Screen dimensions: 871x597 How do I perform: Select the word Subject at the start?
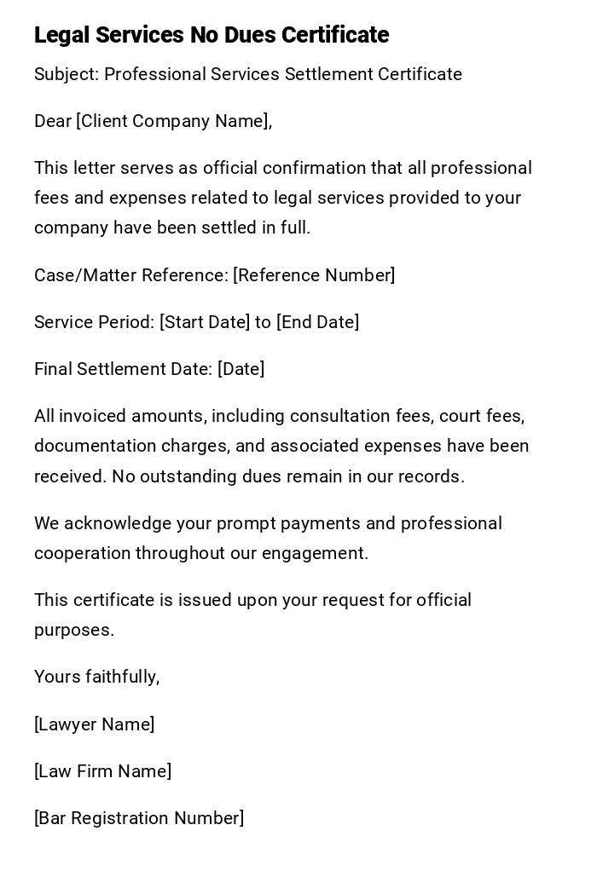point(66,75)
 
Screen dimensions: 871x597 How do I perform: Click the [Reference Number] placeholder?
point(314,275)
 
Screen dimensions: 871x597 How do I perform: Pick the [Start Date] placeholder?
point(205,322)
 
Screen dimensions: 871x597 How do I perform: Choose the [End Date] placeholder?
point(317,322)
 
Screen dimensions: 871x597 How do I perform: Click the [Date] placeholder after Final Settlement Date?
point(241,369)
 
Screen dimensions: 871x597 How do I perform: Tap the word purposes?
point(73,631)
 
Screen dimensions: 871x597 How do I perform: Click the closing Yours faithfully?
point(96,677)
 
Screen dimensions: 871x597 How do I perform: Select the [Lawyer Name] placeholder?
point(94,724)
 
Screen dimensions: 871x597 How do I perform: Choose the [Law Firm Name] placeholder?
point(102,771)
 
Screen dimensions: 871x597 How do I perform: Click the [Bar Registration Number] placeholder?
point(139,818)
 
